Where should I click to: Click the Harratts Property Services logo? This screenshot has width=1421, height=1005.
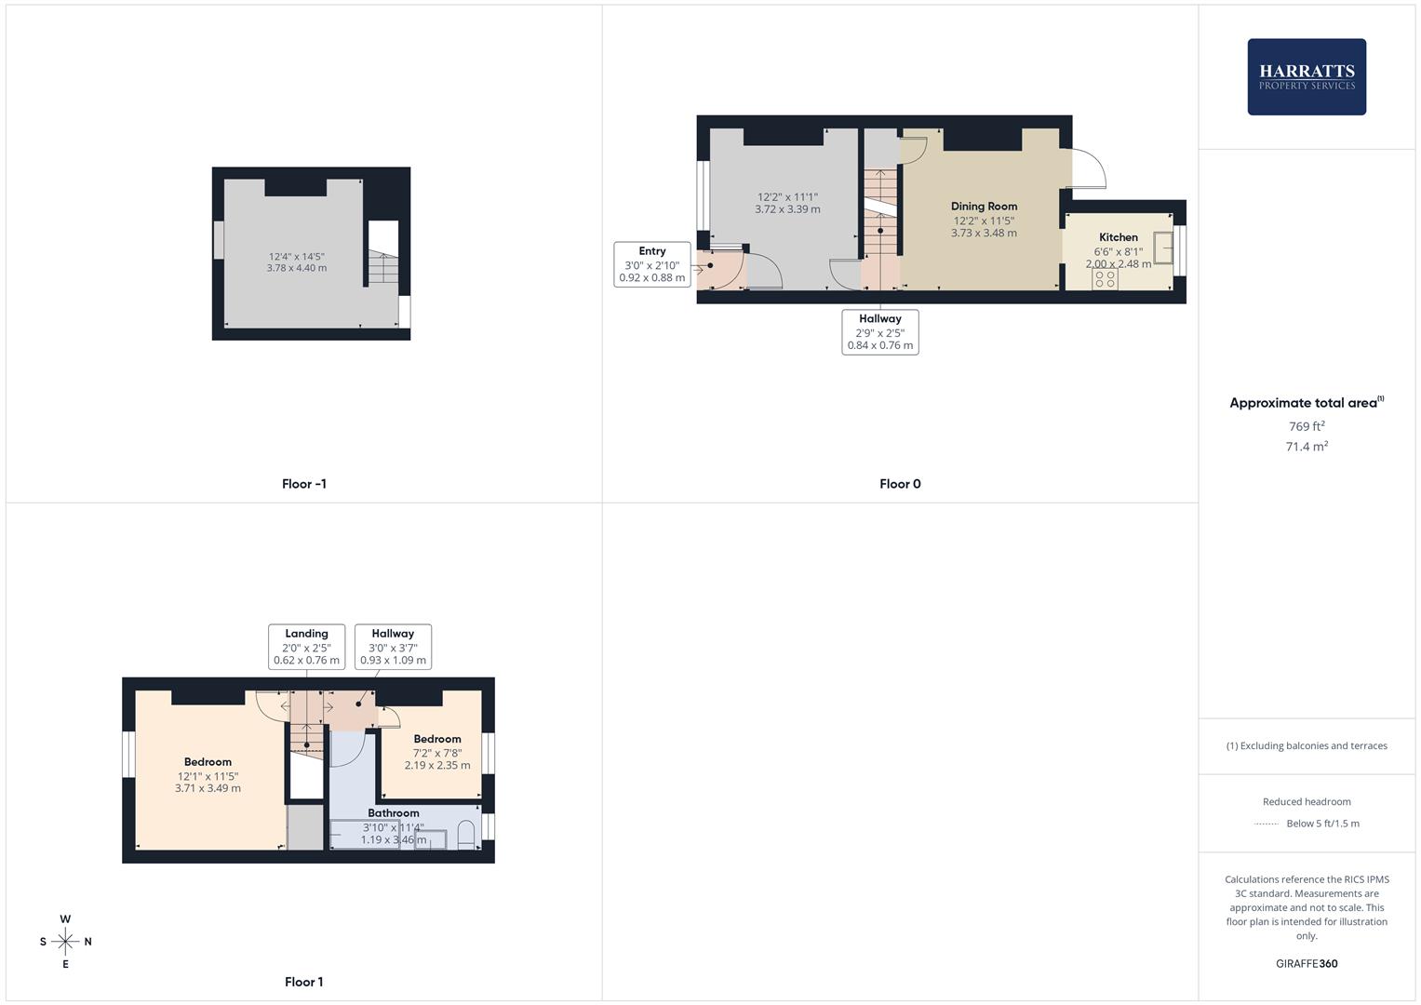click(x=1307, y=77)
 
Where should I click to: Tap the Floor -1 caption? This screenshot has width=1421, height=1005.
click(x=303, y=484)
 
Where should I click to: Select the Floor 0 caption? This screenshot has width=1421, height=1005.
click(x=900, y=484)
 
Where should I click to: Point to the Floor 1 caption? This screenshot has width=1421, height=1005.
click(x=303, y=982)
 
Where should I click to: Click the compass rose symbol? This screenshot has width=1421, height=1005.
click(x=65, y=942)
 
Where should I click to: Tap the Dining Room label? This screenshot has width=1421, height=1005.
click(x=984, y=207)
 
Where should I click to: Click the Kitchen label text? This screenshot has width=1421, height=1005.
click(x=1118, y=237)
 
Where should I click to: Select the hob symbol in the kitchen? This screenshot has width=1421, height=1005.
click(x=1105, y=278)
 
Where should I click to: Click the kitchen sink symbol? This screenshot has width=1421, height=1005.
click(x=1162, y=248)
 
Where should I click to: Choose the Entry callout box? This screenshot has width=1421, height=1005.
click(x=652, y=264)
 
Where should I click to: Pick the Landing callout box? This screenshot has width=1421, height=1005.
click(x=306, y=647)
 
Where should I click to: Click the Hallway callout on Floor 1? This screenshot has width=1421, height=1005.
click(x=393, y=647)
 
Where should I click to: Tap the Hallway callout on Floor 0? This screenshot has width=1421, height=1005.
click(x=879, y=332)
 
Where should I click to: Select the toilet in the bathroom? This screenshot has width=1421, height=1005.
click(x=467, y=834)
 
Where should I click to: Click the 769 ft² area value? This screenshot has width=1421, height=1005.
click(x=1307, y=426)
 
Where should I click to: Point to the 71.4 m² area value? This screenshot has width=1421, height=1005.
click(x=1307, y=447)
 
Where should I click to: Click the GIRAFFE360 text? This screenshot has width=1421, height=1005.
click(x=1307, y=964)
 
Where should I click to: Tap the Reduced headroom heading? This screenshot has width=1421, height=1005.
click(x=1307, y=802)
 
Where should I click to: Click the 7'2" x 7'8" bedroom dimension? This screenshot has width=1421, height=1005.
click(x=437, y=753)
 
